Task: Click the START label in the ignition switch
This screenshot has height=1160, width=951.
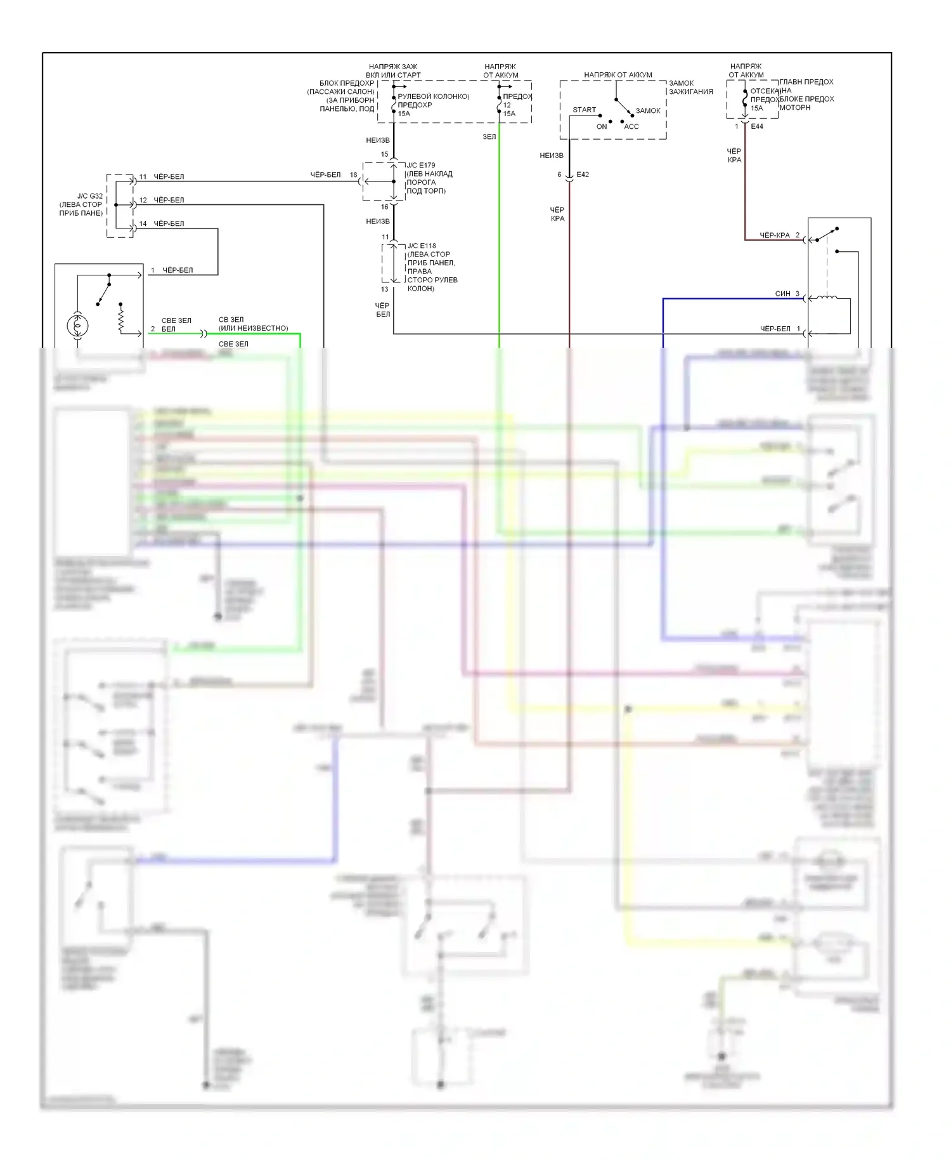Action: coord(584,110)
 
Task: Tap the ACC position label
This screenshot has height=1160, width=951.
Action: coord(631,127)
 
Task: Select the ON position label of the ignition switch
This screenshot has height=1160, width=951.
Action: coord(602,127)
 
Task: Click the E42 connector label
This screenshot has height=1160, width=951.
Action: coord(583,175)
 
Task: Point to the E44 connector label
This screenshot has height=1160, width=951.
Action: coord(757,126)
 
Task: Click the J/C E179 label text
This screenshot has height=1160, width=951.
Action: coord(421,166)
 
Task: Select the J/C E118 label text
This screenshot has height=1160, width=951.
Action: coord(422,246)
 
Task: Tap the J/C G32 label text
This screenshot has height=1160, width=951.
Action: coord(90,196)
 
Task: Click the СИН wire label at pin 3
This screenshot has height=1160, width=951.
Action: coord(782,294)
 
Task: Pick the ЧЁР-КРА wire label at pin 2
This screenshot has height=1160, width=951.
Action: coord(775,235)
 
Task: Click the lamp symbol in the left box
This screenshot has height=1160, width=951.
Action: coord(77,326)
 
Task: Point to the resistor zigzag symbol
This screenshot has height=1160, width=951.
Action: coord(120,317)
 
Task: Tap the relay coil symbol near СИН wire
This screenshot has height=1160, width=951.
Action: coord(826,298)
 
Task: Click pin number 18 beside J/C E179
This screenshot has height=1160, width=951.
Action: coord(353,175)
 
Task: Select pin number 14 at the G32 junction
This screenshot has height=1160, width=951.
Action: coord(143,223)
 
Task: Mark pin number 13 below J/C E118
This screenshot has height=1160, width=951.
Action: coord(384,289)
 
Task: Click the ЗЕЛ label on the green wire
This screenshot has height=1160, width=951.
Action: coord(489,136)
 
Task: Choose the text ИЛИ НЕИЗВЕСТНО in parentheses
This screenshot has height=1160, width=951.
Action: coord(253,329)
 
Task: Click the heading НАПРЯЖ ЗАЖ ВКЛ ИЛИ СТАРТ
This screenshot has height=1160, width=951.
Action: coord(393,70)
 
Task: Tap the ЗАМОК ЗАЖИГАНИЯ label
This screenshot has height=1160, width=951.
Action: coord(690,88)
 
